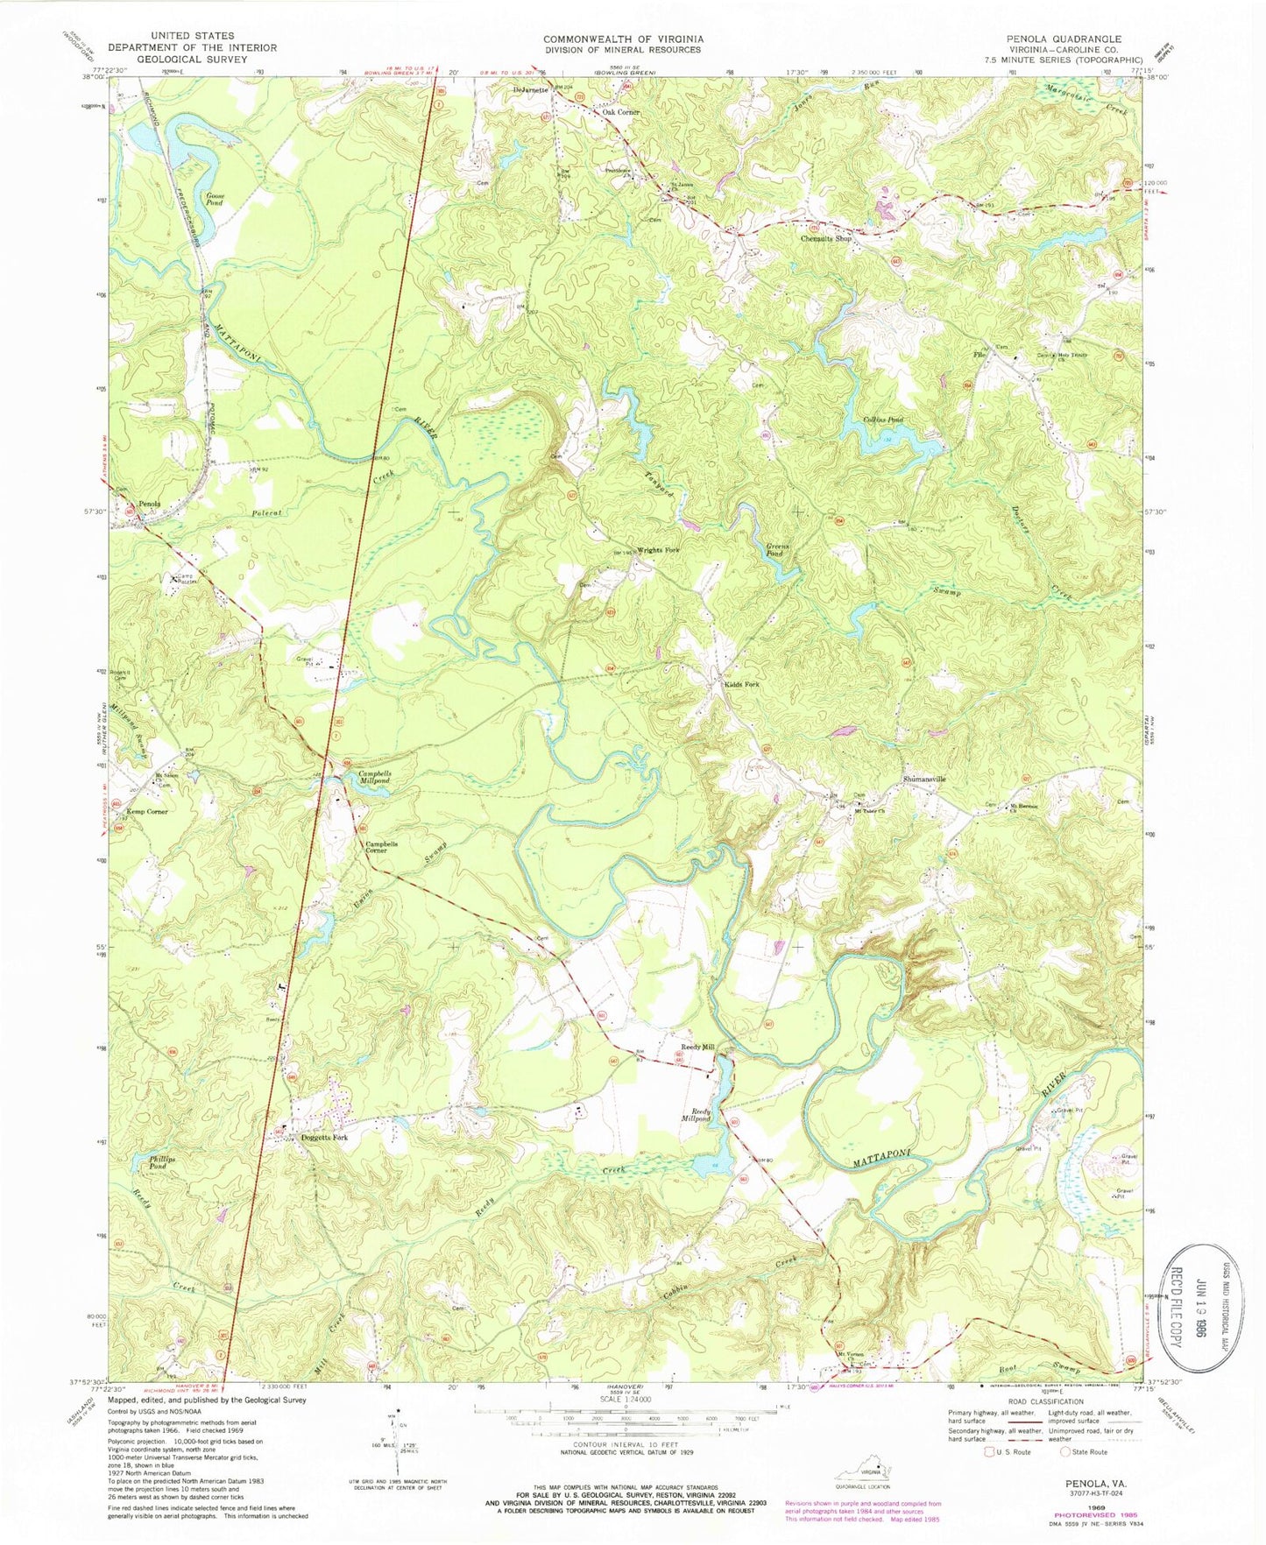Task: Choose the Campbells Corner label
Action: point(381,848)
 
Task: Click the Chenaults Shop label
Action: point(826,238)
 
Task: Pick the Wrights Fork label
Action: point(658,549)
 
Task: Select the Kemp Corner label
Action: point(146,812)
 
